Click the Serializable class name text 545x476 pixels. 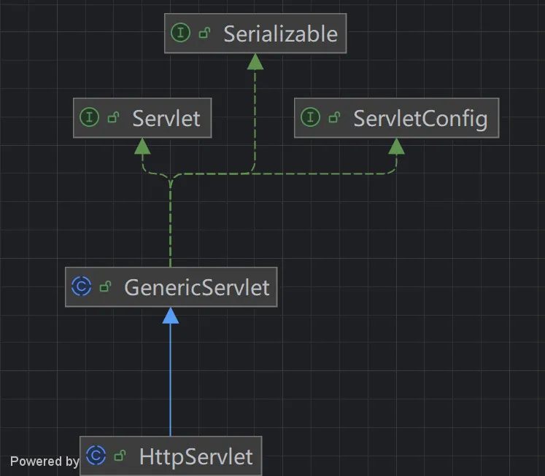point(280,34)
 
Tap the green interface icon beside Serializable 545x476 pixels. point(181,33)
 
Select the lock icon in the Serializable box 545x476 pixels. point(204,33)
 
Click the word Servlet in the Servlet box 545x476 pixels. point(166,118)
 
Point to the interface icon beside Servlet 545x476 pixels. point(89,117)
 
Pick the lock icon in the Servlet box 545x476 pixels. point(113,117)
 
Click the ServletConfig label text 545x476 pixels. point(420,119)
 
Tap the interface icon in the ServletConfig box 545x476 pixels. point(310,117)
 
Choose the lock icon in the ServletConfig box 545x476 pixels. point(334,117)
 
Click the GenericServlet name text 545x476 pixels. point(197,287)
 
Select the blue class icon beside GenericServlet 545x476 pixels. point(81,286)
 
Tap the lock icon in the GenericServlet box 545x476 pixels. point(105,286)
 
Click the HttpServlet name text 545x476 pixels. point(196,456)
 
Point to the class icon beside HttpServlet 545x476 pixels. point(96,455)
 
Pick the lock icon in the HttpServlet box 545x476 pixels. point(120,456)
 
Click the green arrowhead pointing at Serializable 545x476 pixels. point(255,62)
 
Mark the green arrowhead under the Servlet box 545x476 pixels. point(142,147)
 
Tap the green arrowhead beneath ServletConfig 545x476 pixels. point(396,147)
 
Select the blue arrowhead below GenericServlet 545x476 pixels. point(170,316)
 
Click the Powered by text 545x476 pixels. point(45,461)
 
